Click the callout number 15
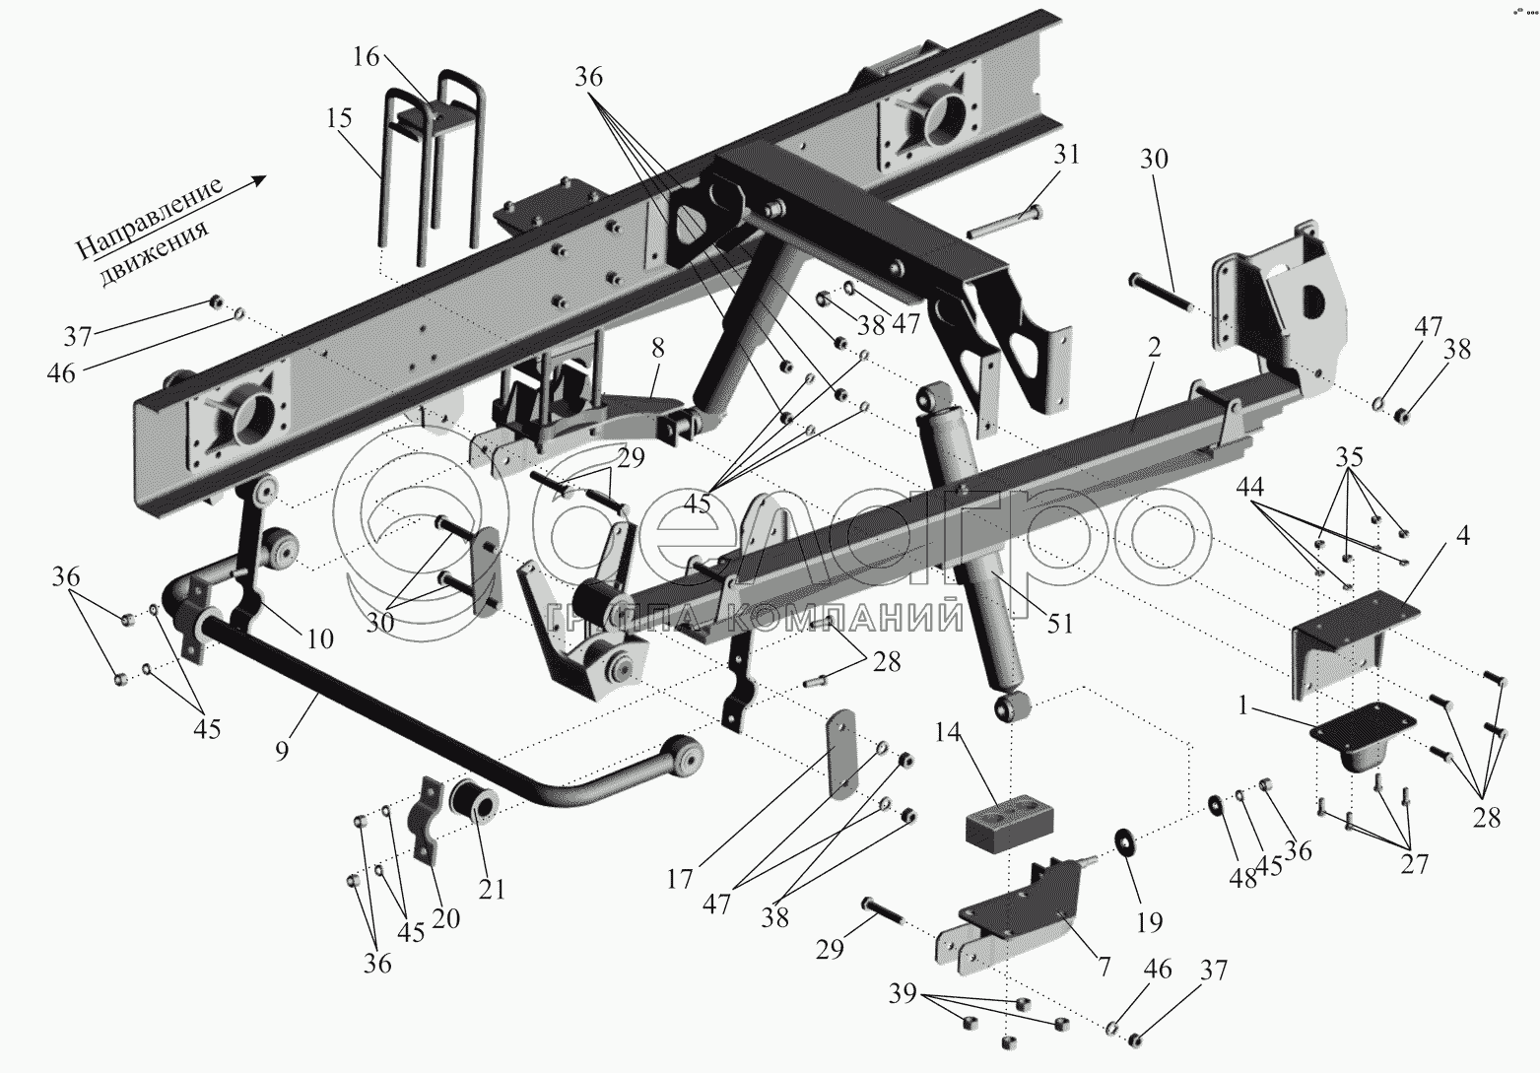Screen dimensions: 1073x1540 point(338,119)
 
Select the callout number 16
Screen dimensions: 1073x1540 point(366,57)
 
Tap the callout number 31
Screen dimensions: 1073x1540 point(1066,155)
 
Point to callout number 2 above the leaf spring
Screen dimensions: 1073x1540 point(1154,347)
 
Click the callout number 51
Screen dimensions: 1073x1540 point(1060,623)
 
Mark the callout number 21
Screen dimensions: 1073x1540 point(492,889)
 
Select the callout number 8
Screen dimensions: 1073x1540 point(657,348)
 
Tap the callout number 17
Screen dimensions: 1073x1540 point(679,878)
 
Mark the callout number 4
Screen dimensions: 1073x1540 point(1461,537)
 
